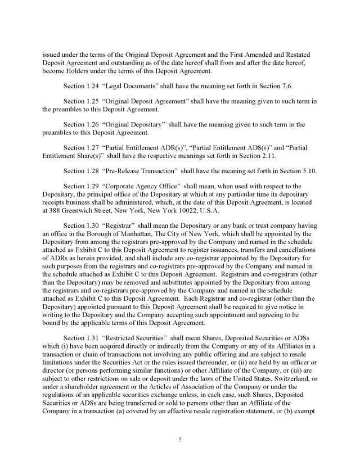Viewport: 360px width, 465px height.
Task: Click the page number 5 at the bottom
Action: [x=179, y=439]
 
